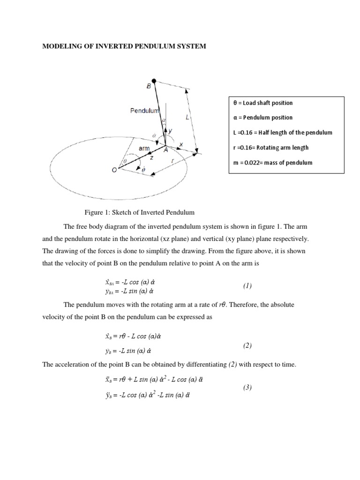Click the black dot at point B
point(154,81)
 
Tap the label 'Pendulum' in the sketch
point(145,111)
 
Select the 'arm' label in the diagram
point(144,148)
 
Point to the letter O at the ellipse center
point(114,171)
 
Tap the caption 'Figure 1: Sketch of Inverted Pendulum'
point(139,212)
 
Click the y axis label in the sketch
point(171,131)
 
